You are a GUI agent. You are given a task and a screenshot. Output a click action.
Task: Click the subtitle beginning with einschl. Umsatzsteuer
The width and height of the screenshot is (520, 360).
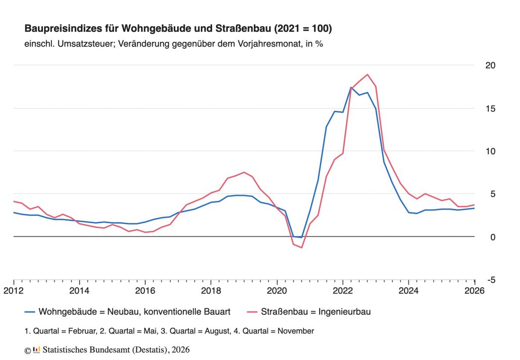pos(173,43)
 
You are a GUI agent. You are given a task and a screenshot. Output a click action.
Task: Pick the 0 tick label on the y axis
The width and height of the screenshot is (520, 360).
pos(493,237)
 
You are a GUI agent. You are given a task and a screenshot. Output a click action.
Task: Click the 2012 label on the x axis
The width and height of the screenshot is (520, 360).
pos(14,291)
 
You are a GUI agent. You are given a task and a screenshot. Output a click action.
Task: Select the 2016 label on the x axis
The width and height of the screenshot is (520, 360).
pos(145,291)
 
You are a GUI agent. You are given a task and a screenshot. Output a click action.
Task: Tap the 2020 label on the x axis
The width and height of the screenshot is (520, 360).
pos(277,291)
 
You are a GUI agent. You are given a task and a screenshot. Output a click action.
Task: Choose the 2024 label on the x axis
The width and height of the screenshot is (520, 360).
pos(408,291)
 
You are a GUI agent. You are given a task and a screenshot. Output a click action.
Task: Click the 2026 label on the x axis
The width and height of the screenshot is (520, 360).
pos(474,291)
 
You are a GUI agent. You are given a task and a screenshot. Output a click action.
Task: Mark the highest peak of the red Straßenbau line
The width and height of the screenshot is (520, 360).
pos(368,74)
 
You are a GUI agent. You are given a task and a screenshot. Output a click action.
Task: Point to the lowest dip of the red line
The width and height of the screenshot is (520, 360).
pos(301,247)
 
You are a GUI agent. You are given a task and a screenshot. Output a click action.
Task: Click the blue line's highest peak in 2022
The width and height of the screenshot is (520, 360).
pos(351,87)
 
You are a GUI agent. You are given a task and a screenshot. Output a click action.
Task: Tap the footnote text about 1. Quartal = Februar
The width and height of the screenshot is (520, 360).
pos(169,331)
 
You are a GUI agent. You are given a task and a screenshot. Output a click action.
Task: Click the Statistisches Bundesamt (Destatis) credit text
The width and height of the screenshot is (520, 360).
pos(117,349)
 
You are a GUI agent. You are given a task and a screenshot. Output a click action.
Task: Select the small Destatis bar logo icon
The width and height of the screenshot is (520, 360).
pos(36,349)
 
